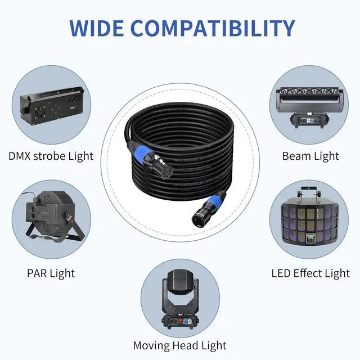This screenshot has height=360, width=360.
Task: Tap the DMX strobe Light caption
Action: (51, 156)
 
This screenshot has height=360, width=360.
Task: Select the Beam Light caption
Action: (310, 156)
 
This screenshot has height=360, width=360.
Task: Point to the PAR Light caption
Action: (51, 273)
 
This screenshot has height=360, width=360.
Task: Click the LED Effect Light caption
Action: (310, 273)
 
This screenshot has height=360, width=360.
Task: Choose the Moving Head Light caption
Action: (180, 345)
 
